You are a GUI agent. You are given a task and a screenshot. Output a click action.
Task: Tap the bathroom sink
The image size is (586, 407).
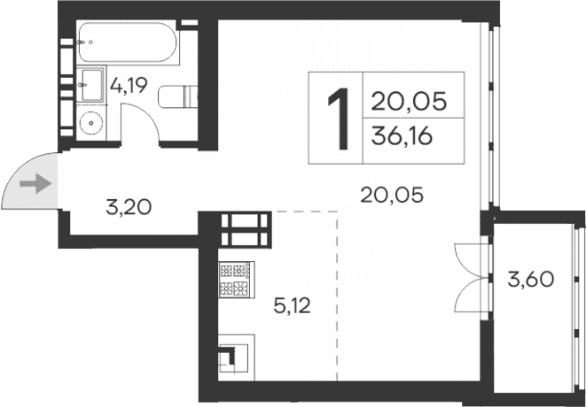90,87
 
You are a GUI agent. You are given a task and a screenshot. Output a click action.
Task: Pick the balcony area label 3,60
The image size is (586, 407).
530,280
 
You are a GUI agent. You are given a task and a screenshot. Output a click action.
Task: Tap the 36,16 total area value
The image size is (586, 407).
407,140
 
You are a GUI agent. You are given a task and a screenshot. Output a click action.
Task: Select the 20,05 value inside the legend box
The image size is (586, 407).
407,99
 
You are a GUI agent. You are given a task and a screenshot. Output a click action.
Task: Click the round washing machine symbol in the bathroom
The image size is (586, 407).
90,121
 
